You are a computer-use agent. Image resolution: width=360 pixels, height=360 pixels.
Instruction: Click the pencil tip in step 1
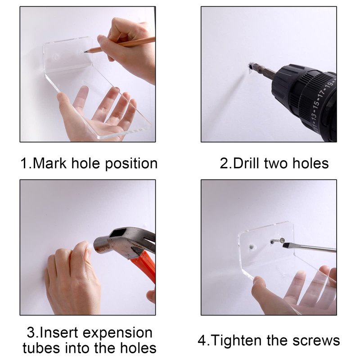[x=85, y=52]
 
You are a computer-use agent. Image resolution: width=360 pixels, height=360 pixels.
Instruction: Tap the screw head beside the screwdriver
[x=281, y=241]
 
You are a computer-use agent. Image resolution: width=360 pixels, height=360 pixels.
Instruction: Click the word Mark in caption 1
[x=49, y=163]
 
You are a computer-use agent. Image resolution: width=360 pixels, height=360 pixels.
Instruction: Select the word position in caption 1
[x=131, y=164]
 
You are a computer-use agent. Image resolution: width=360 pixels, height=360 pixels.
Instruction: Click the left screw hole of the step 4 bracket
[x=252, y=247]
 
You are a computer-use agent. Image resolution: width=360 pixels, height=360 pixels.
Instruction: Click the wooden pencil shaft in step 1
[x=121, y=44]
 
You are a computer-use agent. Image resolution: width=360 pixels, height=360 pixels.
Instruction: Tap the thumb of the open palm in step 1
[x=64, y=108]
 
